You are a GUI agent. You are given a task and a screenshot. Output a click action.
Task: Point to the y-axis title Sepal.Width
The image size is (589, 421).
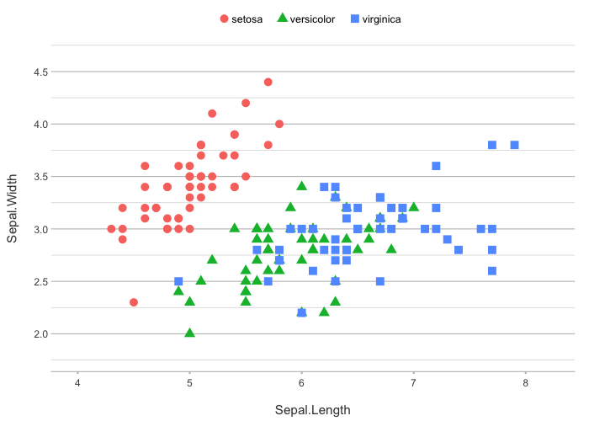click(x=13, y=202)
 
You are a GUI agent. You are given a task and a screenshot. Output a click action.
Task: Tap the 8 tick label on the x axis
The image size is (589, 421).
click(x=525, y=385)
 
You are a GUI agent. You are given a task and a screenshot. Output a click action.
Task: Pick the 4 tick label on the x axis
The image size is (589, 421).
click(x=77, y=385)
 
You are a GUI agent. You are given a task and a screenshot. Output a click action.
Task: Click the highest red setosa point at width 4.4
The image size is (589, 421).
click(x=268, y=82)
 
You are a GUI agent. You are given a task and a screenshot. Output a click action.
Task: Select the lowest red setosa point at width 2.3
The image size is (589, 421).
click(x=134, y=301)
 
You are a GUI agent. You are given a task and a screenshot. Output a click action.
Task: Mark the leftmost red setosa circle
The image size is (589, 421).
click(x=111, y=228)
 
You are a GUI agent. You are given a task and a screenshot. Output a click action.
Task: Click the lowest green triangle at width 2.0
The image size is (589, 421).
click(x=189, y=333)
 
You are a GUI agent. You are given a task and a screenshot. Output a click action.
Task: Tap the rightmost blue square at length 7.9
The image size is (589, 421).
click(x=514, y=145)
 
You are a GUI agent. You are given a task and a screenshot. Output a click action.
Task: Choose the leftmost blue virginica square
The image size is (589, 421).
click(x=178, y=281)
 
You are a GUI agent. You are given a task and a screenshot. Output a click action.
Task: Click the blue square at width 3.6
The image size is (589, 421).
click(x=436, y=166)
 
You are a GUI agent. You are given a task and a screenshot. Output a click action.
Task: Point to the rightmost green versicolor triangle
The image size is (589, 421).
click(x=413, y=207)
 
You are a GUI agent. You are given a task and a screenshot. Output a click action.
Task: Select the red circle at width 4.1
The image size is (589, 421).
click(x=212, y=114)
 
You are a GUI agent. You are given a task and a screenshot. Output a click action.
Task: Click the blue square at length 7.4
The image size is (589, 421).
click(x=459, y=249)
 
